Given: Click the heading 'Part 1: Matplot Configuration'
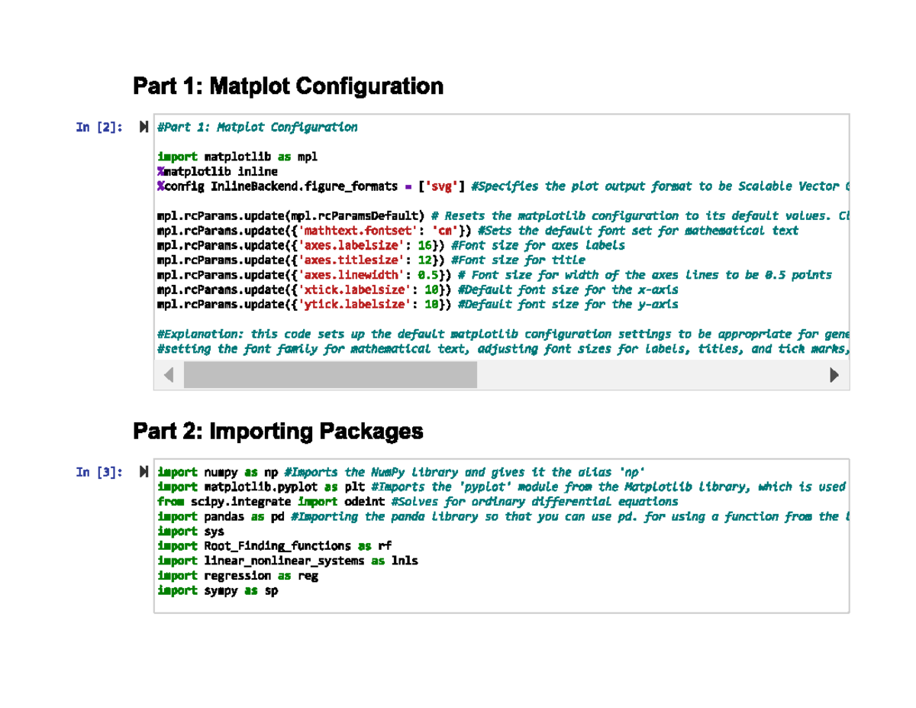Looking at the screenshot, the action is pos(288,86).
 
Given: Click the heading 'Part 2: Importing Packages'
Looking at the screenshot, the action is pos(278,432).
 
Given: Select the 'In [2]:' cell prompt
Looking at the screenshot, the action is pos(99,127).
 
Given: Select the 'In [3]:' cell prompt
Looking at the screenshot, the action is pos(99,472).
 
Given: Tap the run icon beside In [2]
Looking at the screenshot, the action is pos(144,127).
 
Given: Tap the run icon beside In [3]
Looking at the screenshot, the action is pos(144,471).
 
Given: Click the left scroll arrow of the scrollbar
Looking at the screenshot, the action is pos(169,375).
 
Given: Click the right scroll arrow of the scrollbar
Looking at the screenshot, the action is pos(834,375).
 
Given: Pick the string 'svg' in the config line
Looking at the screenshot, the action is pos(441,186).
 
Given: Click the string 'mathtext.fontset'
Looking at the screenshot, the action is pos(357,231).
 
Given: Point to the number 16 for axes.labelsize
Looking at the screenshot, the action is pos(425,245).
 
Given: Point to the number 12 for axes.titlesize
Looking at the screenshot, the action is pos(425,260).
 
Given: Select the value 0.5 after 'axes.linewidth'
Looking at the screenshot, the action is pos(428,275).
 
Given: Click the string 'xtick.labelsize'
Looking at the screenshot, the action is pos(354,289).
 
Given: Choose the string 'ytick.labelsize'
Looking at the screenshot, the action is pos(354,305).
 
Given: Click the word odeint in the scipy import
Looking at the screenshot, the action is pos(364,501).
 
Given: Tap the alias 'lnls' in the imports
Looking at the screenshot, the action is pos(405,561).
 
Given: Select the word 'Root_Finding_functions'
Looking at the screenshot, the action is pos(277,546).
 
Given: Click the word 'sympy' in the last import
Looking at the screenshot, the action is pos(221,591).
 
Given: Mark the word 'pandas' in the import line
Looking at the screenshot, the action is pos(224,516).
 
